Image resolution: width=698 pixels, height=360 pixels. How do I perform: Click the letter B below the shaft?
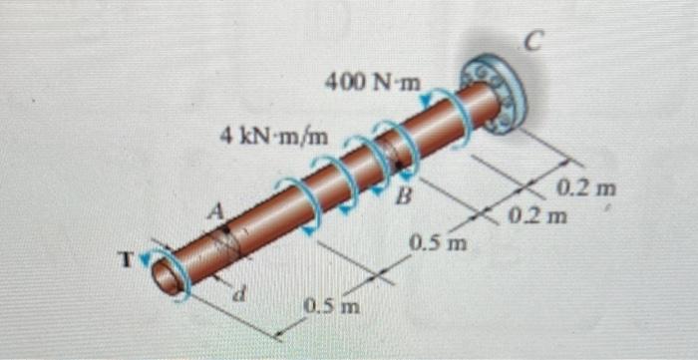pos(404,194)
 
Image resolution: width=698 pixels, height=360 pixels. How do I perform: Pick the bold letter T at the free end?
pos(127,259)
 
